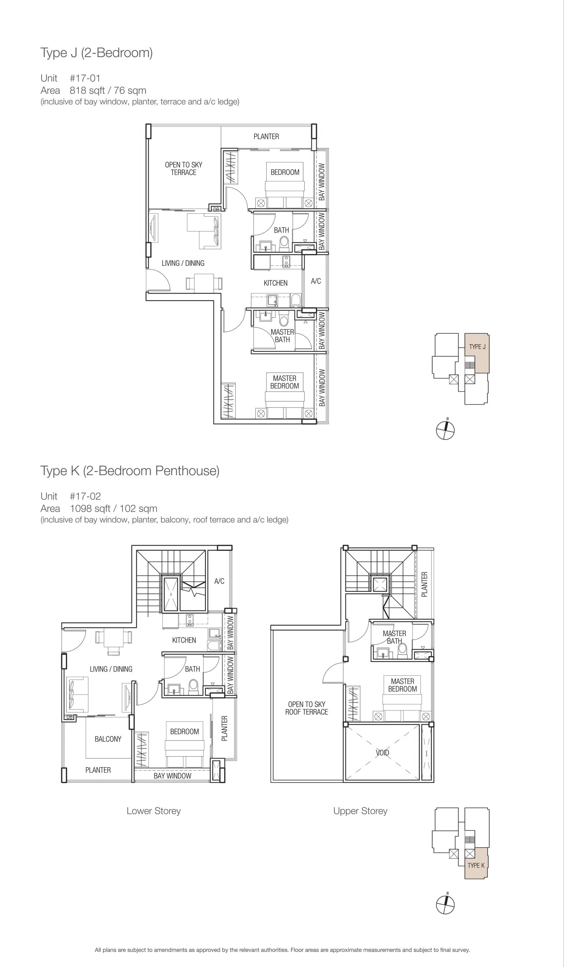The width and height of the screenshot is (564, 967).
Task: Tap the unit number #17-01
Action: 85,78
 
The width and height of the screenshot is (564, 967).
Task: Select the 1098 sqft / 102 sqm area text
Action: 114,509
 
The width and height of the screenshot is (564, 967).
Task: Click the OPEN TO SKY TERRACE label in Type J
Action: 183,169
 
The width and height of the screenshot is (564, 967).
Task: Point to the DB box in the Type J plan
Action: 216,209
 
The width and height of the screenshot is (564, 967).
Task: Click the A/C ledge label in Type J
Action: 316,281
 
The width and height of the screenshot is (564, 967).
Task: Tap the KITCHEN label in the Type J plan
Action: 276,283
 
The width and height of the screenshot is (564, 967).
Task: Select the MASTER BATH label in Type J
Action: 282,336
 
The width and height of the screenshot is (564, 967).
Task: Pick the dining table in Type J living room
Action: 204,283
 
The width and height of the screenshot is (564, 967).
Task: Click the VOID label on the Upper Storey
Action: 382,752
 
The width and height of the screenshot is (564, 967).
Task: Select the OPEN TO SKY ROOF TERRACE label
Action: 307,708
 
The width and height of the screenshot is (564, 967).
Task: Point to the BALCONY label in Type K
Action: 108,739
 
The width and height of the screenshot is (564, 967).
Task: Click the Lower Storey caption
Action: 153,811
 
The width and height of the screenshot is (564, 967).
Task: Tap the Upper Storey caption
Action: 360,811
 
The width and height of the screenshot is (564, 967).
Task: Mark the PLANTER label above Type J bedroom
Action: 266,136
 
